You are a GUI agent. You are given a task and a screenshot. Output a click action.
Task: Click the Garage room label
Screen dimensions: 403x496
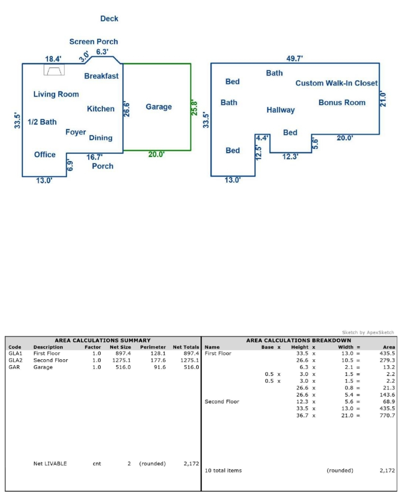click(x=159, y=107)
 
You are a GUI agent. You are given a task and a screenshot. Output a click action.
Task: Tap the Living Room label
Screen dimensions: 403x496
click(x=56, y=94)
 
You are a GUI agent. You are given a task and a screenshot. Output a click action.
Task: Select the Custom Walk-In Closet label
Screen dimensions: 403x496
click(x=336, y=83)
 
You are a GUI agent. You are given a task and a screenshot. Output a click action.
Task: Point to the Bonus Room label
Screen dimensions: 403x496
click(x=342, y=102)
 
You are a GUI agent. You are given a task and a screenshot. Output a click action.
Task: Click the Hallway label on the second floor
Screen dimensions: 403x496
click(x=280, y=110)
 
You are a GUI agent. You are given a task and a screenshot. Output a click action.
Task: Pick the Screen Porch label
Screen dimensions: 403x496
click(x=94, y=42)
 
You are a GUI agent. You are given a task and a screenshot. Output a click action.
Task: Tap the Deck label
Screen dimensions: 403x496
click(x=109, y=19)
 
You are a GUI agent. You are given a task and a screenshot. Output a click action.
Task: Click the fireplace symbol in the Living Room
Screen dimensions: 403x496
click(x=54, y=70)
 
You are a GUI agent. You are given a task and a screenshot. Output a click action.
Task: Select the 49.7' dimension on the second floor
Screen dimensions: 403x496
click(x=294, y=58)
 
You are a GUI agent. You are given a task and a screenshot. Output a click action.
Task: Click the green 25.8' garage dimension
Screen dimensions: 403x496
click(x=194, y=108)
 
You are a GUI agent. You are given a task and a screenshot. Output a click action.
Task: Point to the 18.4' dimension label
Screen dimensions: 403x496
click(x=53, y=59)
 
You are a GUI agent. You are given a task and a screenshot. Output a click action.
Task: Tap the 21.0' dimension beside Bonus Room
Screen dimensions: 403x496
click(x=383, y=99)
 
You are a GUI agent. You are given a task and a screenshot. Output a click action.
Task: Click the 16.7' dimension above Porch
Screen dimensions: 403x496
click(x=94, y=157)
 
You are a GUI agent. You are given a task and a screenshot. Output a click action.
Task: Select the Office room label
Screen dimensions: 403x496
click(x=45, y=154)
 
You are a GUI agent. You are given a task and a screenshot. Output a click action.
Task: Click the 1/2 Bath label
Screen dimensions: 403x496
click(x=42, y=122)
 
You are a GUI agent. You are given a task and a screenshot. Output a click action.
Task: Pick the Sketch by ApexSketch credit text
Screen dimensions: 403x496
click(x=368, y=332)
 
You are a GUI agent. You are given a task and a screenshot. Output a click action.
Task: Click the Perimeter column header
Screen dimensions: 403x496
click(x=153, y=347)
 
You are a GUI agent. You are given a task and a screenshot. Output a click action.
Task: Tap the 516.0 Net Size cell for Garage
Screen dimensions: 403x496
click(x=123, y=367)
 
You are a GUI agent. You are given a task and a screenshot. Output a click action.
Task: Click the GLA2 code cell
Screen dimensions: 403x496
click(x=15, y=360)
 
